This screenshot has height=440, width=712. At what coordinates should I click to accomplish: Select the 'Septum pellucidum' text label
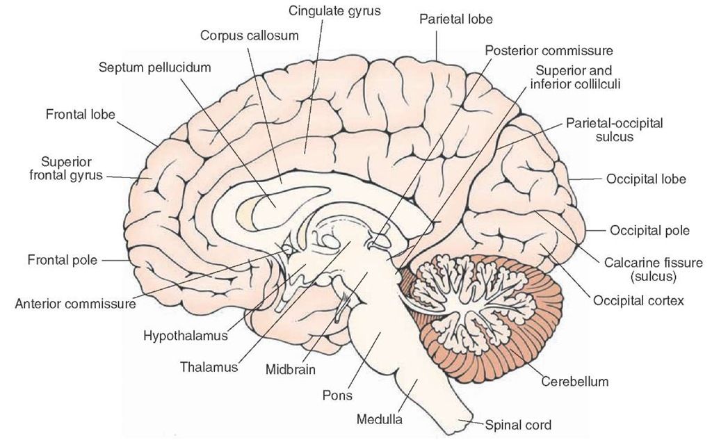tap(154, 68)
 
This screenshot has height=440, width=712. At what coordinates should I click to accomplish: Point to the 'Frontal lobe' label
tap(81, 114)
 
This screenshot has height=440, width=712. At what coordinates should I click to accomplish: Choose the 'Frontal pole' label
tap(60, 261)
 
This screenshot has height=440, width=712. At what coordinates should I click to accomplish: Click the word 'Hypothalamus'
tap(186, 336)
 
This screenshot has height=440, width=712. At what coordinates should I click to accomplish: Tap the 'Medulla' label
tap(379, 419)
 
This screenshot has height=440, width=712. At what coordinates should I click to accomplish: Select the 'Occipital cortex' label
tap(638, 301)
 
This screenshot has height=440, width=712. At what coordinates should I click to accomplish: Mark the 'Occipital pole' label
tap(649, 230)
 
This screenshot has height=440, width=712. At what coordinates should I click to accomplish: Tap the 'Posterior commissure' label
tap(548, 51)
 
